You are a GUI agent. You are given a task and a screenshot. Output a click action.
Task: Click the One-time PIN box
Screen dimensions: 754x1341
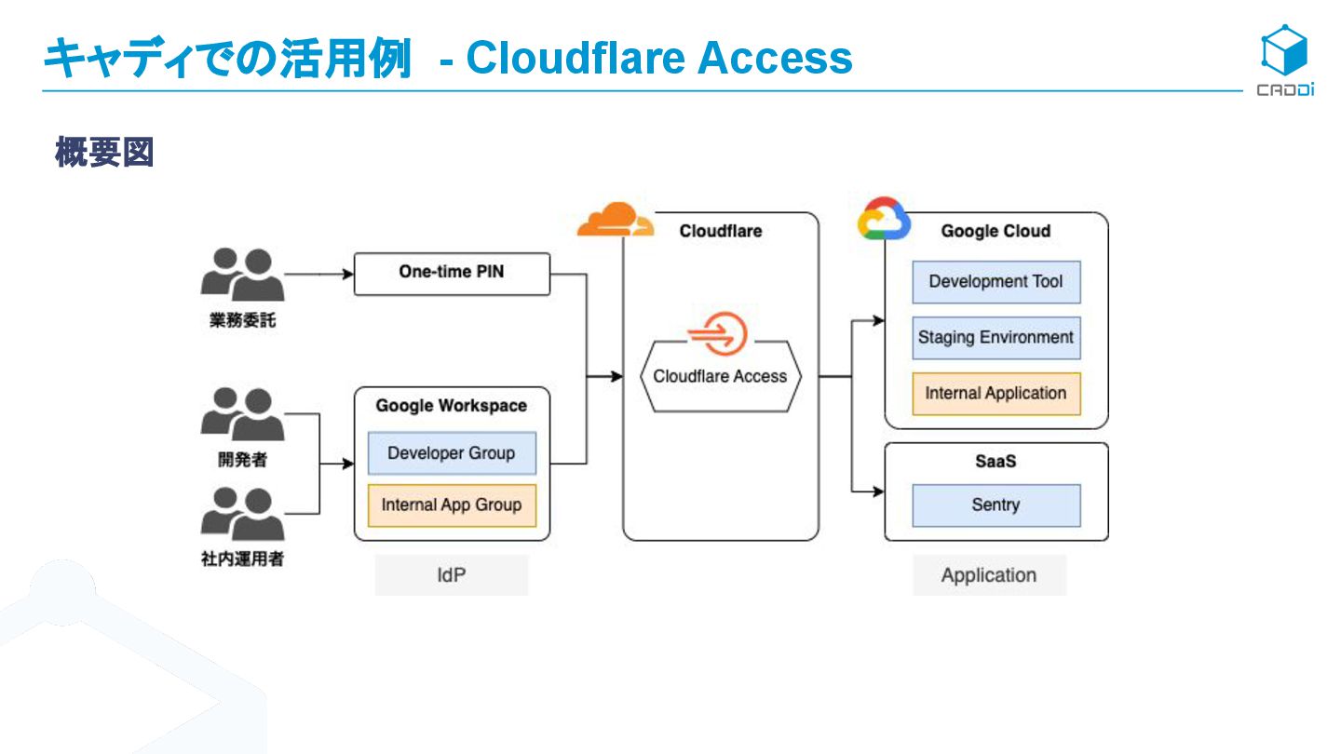point(452,274)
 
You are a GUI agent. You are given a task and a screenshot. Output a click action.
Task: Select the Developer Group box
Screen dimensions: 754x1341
point(452,453)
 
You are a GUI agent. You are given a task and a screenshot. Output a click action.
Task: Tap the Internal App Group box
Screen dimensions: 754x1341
point(452,505)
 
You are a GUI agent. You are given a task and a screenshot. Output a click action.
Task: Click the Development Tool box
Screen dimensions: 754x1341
point(996,282)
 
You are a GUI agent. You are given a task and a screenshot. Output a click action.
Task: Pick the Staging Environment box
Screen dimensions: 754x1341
point(996,338)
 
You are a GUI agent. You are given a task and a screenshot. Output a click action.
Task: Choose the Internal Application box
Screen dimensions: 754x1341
point(996,394)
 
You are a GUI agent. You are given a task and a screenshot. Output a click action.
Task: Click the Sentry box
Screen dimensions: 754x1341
point(996,505)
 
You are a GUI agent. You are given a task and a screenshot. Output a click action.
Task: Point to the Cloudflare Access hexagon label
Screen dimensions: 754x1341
point(720,376)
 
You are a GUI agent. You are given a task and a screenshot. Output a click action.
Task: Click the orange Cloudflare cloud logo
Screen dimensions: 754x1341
point(615,221)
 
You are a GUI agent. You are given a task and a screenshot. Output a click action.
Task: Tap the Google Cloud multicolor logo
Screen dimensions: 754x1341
point(883,220)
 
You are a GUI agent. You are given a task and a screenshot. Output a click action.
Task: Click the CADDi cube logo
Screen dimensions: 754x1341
point(1284,51)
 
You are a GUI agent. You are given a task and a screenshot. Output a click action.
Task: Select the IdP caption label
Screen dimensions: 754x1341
point(452,575)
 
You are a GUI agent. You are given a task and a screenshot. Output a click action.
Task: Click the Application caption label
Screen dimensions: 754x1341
point(989,575)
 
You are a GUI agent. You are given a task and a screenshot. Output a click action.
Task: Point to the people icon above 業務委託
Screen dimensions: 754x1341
point(242,274)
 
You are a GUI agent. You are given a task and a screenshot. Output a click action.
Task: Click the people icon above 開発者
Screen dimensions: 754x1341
point(242,414)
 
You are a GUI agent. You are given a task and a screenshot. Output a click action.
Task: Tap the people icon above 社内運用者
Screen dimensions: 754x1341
point(242,514)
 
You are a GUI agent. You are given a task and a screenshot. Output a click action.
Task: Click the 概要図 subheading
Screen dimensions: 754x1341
point(103,153)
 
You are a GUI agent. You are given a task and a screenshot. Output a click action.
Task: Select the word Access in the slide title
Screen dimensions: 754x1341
point(775,58)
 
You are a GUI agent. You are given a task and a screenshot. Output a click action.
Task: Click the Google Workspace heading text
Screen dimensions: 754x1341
point(452,406)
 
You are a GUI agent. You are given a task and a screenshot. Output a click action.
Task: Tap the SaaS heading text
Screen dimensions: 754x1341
point(996,461)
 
